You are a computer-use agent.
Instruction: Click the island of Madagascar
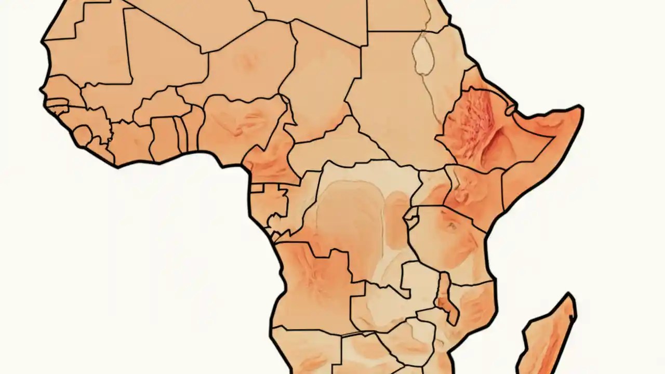pos(548,338)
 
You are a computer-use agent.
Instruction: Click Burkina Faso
pos(156,106)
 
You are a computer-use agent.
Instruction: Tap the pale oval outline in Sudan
pos(423,55)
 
